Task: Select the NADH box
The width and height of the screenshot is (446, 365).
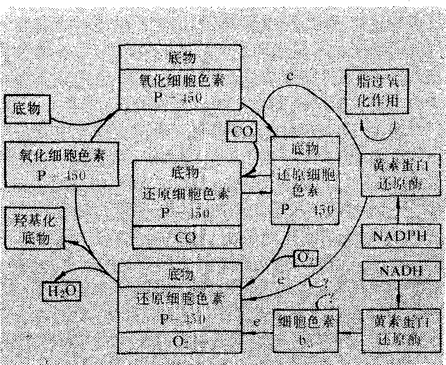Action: click(x=398, y=270)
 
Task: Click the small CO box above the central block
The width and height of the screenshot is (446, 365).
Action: click(x=241, y=131)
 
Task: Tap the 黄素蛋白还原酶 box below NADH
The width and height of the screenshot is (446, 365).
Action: click(x=399, y=331)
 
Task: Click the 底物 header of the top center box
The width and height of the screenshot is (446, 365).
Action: click(x=180, y=56)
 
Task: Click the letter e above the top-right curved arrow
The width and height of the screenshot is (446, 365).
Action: click(x=290, y=75)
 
